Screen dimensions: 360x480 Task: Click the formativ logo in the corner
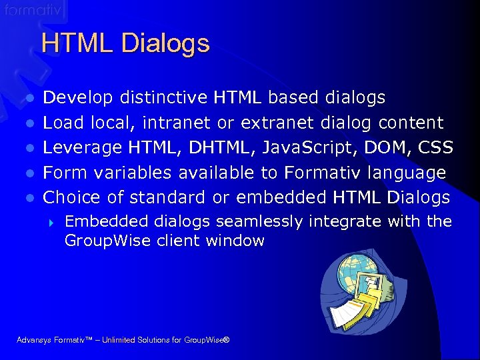(33, 11)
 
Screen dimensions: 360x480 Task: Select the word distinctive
(164, 98)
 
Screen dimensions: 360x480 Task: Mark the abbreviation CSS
(436, 147)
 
